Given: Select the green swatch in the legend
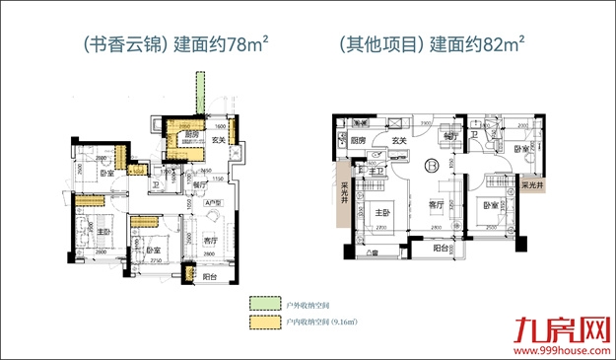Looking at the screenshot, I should tap(259, 303).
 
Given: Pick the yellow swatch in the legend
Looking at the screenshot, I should tap(259, 322).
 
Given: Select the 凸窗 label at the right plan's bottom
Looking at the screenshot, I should tap(371, 254).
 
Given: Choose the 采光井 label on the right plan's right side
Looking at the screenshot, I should tap(532, 185).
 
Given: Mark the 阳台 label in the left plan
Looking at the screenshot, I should tap(210, 277).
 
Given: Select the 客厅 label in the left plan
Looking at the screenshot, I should tap(210, 241).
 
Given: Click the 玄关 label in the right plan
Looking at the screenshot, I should tap(400, 141).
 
